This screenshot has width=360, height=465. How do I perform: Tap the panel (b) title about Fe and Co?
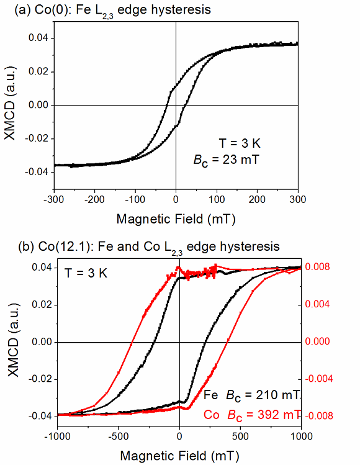click(x=141, y=246)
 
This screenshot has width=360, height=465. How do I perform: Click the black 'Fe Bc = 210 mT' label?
click(x=252, y=395)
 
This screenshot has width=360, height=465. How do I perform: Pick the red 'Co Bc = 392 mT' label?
click(x=252, y=414)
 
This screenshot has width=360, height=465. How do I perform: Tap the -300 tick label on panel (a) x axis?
click(x=53, y=200)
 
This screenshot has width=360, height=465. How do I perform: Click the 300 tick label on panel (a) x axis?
click(x=298, y=200)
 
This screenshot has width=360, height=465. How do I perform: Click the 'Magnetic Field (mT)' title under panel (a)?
click(x=176, y=219)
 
